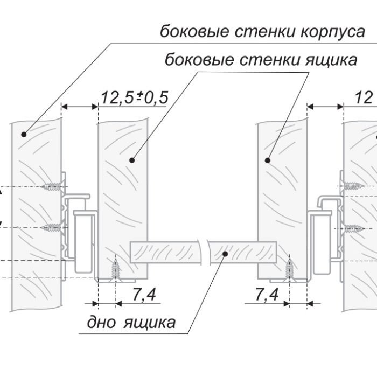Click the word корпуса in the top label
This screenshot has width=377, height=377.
click(330, 31)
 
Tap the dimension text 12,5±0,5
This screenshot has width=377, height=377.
click(134, 97)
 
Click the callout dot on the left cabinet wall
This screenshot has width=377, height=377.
click(23, 134)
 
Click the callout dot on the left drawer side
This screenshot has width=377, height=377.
click(132, 159)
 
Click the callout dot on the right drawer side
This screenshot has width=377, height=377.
click(267, 159)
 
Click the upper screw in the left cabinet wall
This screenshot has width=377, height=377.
click(53, 187)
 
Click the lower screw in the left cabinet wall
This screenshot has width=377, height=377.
click(53, 227)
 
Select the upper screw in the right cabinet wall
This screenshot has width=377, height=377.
click(352, 186)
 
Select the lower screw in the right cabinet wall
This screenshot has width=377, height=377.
click(352, 228)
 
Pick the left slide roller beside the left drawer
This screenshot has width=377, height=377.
click(82, 240)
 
